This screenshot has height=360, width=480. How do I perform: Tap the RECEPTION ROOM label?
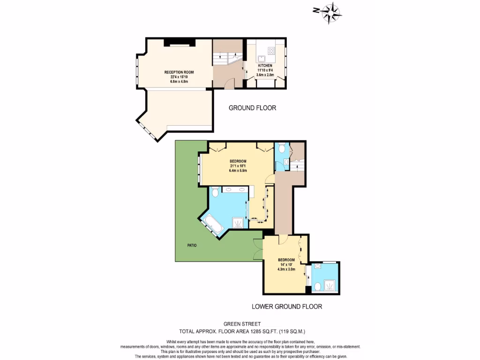(x=179, y=72)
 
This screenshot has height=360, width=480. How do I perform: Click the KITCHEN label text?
(x=265, y=66)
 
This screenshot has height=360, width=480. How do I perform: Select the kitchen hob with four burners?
(x=271, y=50)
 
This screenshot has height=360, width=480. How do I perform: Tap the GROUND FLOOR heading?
(x=252, y=108)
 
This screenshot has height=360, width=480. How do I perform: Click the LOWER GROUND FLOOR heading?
(x=287, y=307)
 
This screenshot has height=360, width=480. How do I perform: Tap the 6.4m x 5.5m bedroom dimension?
(x=238, y=171)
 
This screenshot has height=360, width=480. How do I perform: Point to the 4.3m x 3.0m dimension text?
(x=286, y=270)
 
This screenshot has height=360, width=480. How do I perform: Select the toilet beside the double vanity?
(x=215, y=192)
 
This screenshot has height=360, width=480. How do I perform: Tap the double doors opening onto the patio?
(x=258, y=248)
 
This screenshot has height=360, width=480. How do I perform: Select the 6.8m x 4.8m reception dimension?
(x=179, y=81)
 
